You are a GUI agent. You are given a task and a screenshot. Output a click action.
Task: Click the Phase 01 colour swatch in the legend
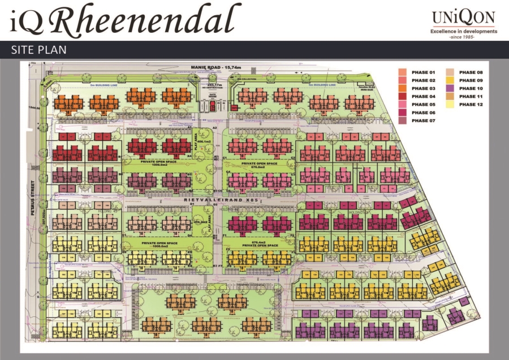coord(402,72)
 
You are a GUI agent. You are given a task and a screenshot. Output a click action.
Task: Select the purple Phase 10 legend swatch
coord(449,88)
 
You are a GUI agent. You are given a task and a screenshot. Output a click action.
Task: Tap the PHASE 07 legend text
coord(423,121)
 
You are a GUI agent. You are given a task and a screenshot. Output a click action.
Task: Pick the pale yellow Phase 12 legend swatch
coord(449,105)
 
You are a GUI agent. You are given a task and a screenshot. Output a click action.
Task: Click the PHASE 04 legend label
coord(423,97)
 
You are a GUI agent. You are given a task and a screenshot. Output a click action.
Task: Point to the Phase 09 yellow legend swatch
coord(449,80)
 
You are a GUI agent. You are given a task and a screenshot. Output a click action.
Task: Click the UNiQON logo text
coord(464,18)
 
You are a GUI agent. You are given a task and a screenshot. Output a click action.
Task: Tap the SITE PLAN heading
coord(39,50)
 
